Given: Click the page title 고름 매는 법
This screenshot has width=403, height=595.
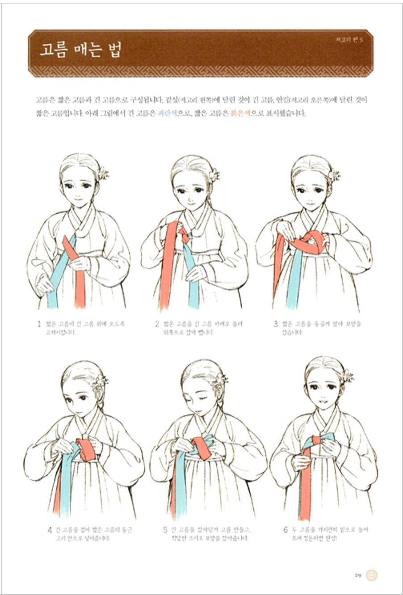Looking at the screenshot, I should [80, 50].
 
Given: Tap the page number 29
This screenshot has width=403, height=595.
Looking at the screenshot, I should [358, 575].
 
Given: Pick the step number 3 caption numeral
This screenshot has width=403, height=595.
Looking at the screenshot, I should [276, 324].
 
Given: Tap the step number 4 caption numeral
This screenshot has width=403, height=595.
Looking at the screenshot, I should [50, 530].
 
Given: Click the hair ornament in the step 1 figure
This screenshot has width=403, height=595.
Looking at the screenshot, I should [103, 173].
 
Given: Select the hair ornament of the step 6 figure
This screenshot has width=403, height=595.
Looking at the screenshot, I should [347, 376].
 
